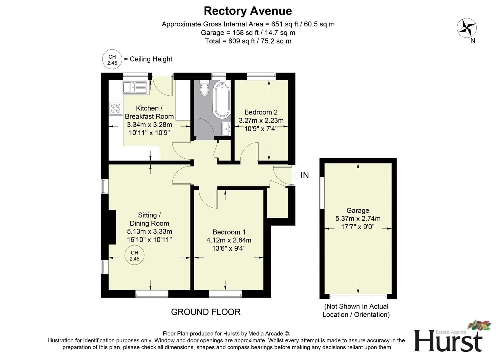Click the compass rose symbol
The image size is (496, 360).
(466, 28)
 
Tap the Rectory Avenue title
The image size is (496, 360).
(248, 11)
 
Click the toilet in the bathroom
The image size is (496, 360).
(204, 89)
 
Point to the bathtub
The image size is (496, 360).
(222, 100)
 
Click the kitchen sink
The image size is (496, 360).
(134, 87)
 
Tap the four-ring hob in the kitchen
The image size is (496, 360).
(116, 108)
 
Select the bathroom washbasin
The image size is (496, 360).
(226, 129)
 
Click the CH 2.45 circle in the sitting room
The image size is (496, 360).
(134, 256)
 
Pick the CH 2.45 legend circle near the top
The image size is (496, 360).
(112, 59)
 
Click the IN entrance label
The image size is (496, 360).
(304, 175)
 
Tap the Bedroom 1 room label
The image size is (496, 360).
(229, 232)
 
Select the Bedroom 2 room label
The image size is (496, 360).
(261, 112)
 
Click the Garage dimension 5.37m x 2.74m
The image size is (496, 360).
(358, 219)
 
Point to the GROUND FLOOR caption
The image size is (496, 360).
(206, 312)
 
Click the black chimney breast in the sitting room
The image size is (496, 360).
(111, 227)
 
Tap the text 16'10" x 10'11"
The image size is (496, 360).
(149, 240)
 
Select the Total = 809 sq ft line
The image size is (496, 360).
(248, 41)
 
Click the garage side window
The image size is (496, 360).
(322, 193)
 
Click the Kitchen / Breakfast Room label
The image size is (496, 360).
(149, 112)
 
